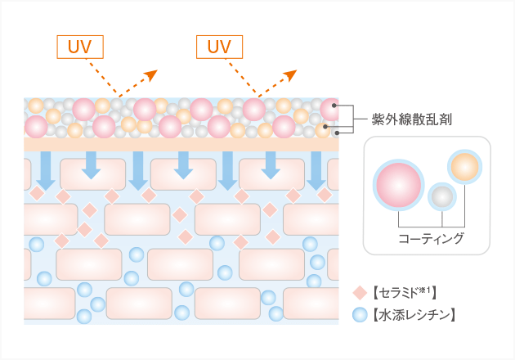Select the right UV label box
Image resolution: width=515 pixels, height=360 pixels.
tap(220, 47)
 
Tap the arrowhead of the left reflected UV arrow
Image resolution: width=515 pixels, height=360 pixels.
tap(150, 75)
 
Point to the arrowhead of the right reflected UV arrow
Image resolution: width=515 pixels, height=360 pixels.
tap(290, 75)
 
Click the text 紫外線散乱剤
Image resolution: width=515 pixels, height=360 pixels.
tap(407, 119)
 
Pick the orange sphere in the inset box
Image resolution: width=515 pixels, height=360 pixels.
tap(463, 167)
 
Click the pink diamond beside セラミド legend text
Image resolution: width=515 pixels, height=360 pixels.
tap(359, 292)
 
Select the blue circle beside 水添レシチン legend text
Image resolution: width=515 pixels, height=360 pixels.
tap(359, 313)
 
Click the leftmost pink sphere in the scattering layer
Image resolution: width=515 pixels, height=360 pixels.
tap(37, 127)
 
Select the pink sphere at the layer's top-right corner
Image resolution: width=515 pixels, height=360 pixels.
tap(330, 109)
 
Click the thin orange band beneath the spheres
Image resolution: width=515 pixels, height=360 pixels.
tap(180, 143)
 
